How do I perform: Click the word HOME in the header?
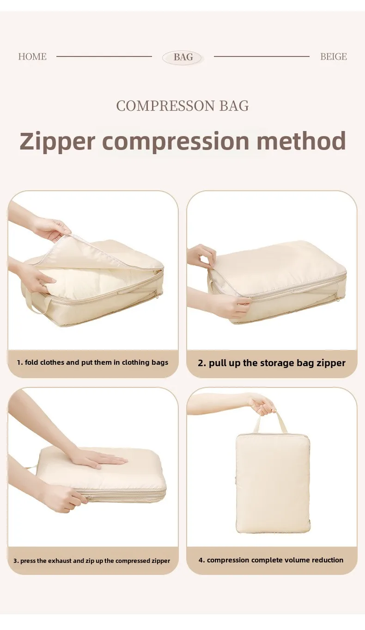tap(32, 56)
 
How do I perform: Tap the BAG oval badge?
tap(183, 57)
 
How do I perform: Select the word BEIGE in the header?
tap(334, 56)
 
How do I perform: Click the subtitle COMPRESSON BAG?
tap(182, 106)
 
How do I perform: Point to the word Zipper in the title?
tap(57, 142)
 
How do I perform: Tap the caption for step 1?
tap(92, 362)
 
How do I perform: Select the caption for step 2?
tap(272, 363)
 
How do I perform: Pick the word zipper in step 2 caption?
tap(331, 363)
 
